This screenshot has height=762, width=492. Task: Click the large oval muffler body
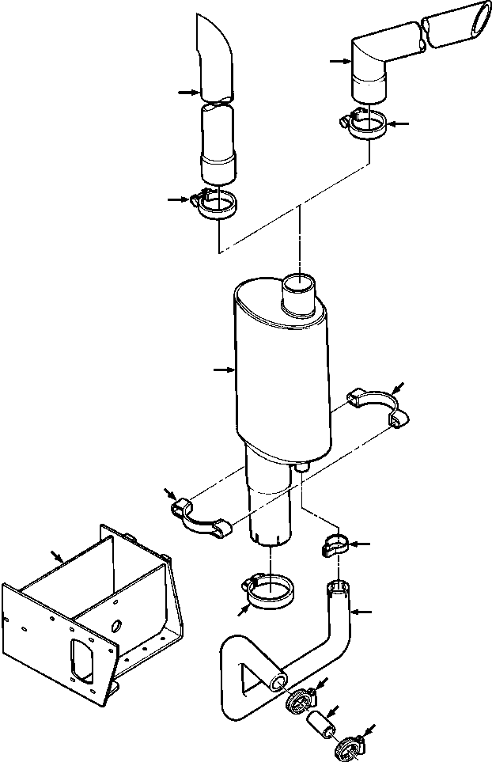281,372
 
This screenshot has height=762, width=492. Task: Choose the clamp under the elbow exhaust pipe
365,125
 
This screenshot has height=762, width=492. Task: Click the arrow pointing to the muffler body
223,369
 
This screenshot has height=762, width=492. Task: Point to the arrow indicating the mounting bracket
56,558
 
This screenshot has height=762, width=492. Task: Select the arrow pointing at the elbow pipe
341,60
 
